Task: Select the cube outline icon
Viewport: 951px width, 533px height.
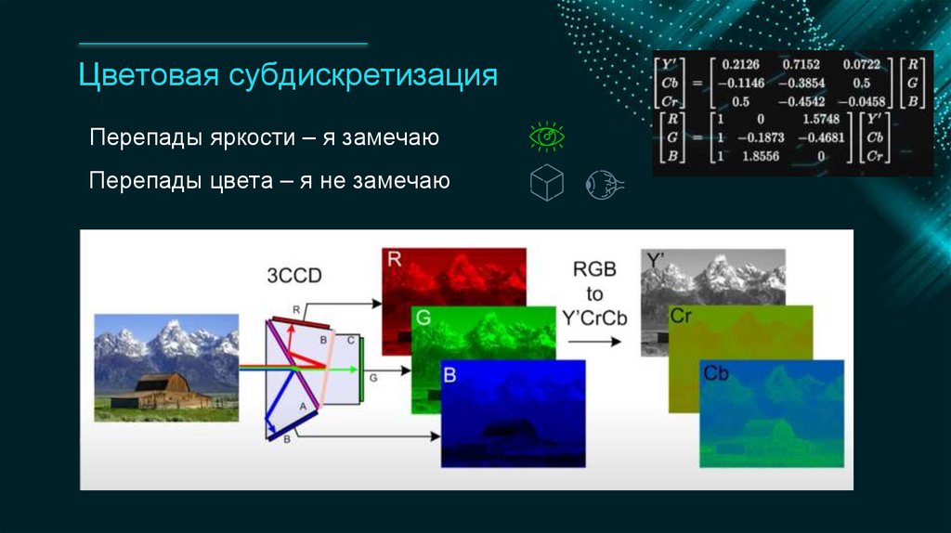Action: (546, 183)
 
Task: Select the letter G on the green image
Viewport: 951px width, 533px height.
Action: (423, 318)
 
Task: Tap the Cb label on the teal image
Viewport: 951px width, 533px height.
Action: (715, 374)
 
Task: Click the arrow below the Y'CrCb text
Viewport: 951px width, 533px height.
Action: (594, 341)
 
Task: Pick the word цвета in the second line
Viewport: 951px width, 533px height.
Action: (241, 181)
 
